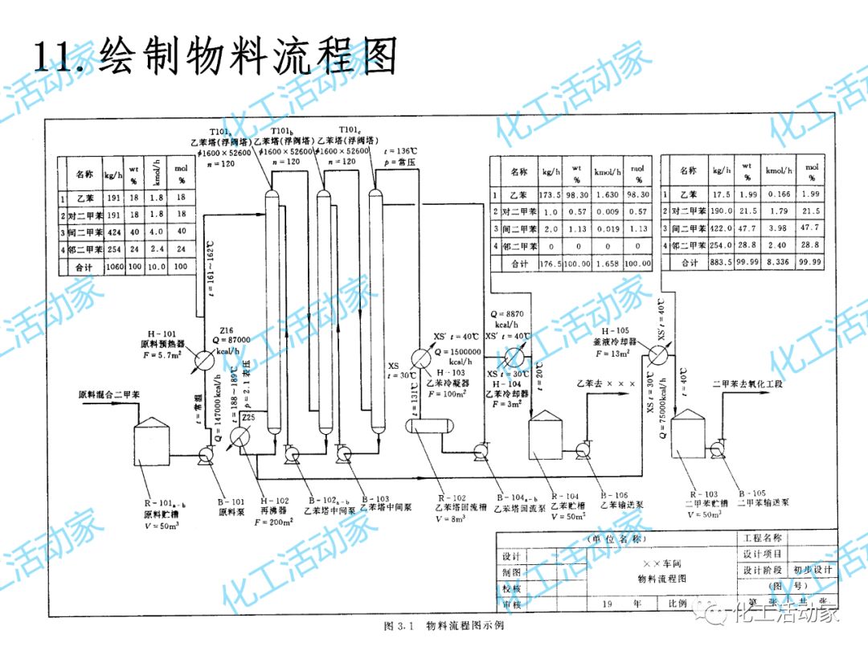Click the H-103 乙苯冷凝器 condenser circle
(x=421, y=358)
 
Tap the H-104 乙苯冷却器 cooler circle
(x=512, y=356)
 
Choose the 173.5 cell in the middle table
(x=551, y=195)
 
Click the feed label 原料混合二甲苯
(x=109, y=395)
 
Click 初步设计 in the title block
(x=813, y=570)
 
